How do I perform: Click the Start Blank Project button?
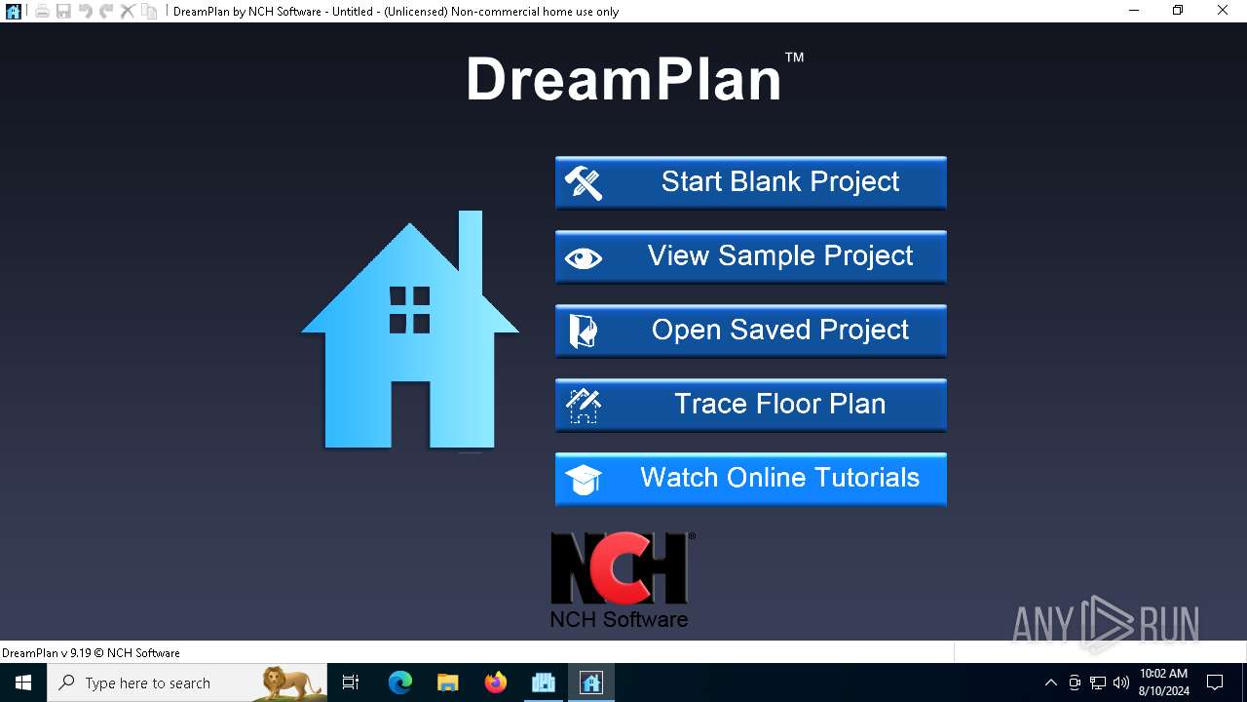pyautogui.click(x=750, y=182)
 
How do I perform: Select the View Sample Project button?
pyautogui.click(x=750, y=256)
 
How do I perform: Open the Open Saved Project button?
pyautogui.click(x=750, y=331)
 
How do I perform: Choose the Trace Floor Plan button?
pyautogui.click(x=750, y=405)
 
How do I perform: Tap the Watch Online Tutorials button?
pyautogui.click(x=750, y=479)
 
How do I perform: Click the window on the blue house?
pyautogui.click(x=409, y=310)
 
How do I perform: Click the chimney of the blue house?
pyautogui.click(x=471, y=244)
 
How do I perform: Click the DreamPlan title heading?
pyautogui.click(x=624, y=80)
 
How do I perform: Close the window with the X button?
pyautogui.click(x=1223, y=11)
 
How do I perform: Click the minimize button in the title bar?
pyautogui.click(x=1134, y=11)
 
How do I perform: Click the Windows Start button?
pyautogui.click(x=23, y=682)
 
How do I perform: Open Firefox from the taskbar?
pyautogui.click(x=496, y=682)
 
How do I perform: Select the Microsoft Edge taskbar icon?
pyautogui.click(x=400, y=682)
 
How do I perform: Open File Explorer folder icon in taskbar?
pyautogui.click(x=448, y=682)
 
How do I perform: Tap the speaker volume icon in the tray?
pyautogui.click(x=1120, y=682)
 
